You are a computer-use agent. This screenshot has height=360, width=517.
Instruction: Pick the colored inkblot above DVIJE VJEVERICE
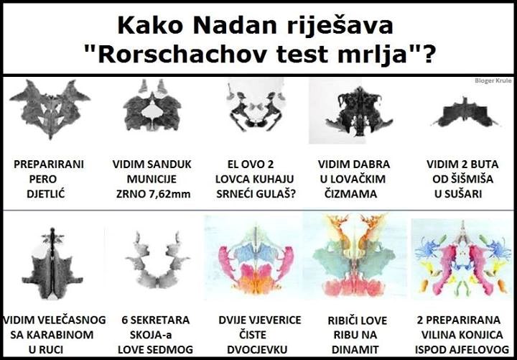click(x=256, y=259)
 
